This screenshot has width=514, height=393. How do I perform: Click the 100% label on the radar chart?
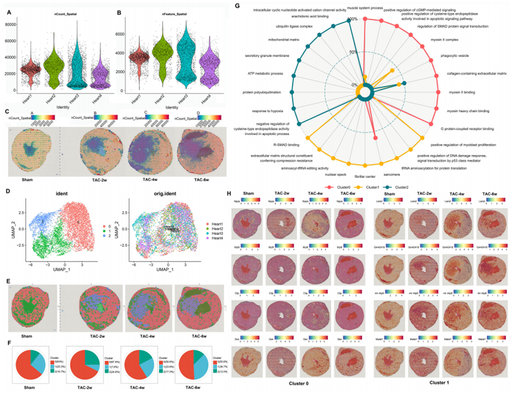(x=353, y=19)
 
